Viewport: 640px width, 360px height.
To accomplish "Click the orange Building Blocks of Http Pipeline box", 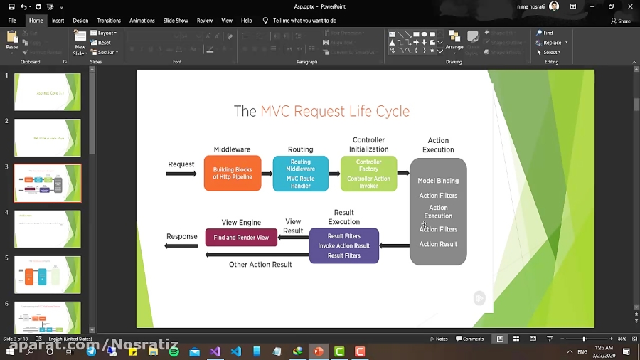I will coord(232,174).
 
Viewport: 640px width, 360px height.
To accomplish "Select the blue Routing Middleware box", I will coord(300,174).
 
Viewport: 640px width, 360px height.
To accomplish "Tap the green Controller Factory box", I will coord(368,174).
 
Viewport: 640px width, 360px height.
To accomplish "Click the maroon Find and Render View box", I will coord(241,238).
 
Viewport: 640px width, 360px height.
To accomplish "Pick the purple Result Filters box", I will coord(343,245).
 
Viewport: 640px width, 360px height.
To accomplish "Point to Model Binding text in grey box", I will coord(438,181).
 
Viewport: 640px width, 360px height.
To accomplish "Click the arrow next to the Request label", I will coord(181,174).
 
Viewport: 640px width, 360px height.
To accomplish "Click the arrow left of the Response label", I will coord(181,246).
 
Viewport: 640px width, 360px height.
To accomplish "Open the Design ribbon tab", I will coord(80,21).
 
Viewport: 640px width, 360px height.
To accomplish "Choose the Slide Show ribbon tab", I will coord(176,21).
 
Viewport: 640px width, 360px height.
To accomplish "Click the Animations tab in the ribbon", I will coord(142,21).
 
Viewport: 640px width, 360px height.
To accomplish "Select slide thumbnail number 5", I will coord(48,275).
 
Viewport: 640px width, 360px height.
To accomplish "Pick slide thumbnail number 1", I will coord(48,92).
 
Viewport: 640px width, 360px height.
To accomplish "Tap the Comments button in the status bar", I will coord(470,339).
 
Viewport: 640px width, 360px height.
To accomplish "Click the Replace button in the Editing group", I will coord(550,43).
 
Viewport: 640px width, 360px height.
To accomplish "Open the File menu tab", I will coord(12,21).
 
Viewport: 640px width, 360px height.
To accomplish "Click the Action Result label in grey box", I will coord(438,244).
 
